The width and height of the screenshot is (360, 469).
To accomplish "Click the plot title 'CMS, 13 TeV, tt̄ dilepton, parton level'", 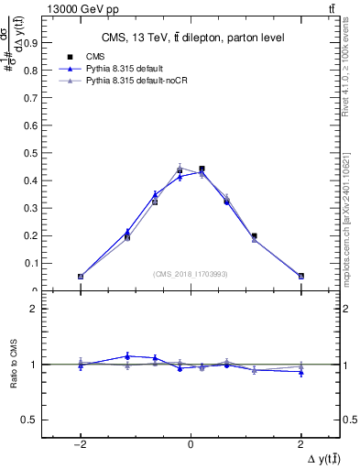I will coord(191,38).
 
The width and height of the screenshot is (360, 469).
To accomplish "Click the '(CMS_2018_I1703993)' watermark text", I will coord(191,274).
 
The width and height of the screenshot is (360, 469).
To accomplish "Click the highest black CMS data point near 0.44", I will coord(202,169).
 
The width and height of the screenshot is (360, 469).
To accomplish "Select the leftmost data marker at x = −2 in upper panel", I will coord(81,276).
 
